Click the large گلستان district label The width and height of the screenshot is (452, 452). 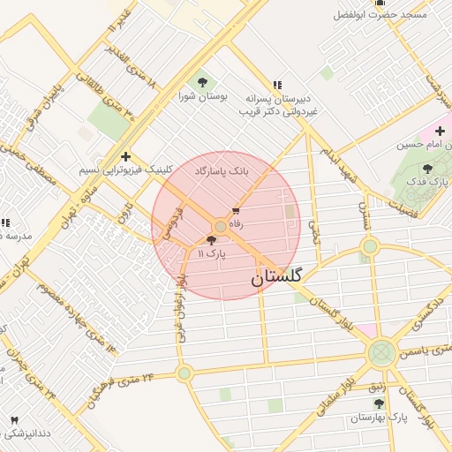point(276,278)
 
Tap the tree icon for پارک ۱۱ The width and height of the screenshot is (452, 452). point(211,239)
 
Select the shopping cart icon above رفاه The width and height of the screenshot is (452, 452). point(236,211)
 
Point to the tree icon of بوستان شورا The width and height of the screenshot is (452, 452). point(204,82)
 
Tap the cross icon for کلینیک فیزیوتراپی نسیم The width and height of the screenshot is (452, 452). point(126,155)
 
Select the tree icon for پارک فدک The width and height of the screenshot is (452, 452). point(428,168)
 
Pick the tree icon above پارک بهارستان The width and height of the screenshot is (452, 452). point(379,403)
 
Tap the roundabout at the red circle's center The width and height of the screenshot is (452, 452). point(220,226)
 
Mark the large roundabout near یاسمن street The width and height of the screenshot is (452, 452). point(381,354)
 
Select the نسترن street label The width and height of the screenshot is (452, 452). point(362,215)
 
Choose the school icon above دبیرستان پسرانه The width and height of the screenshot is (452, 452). point(277,86)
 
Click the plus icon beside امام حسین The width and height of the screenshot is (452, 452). point(440,132)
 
